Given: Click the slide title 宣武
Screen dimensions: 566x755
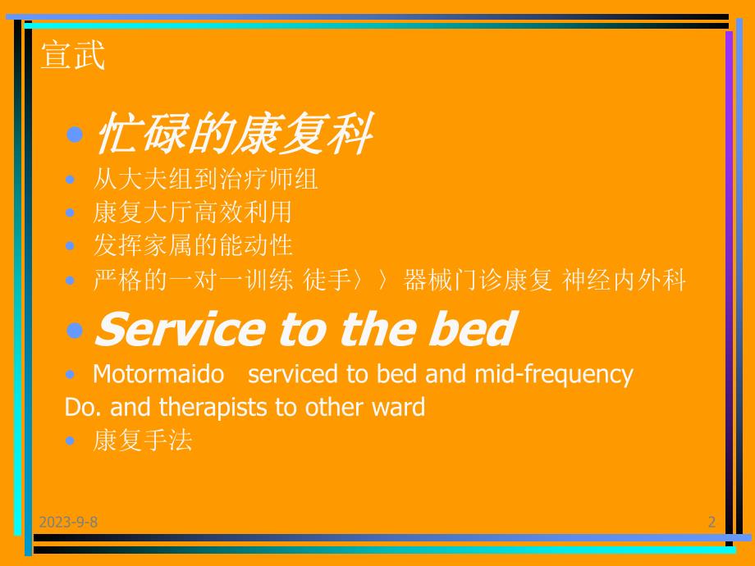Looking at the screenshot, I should tap(73, 57).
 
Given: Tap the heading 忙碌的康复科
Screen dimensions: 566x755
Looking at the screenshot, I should tap(233, 135).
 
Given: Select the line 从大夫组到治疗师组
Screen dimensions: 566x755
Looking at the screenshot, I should tap(205, 178).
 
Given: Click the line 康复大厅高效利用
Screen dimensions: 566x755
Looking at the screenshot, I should tap(192, 212).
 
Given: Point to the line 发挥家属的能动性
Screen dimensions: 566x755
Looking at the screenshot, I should tap(192, 245).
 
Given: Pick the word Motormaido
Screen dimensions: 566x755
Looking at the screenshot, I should tap(158, 374).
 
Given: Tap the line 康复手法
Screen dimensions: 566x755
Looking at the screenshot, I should tap(143, 440).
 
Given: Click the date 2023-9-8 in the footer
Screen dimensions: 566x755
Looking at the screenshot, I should tap(67, 522).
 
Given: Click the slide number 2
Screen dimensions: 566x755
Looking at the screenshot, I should tap(712, 522).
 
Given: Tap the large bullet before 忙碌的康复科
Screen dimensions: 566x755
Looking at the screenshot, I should tap(75, 135).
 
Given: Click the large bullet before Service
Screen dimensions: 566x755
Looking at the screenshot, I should tap(75, 330).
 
